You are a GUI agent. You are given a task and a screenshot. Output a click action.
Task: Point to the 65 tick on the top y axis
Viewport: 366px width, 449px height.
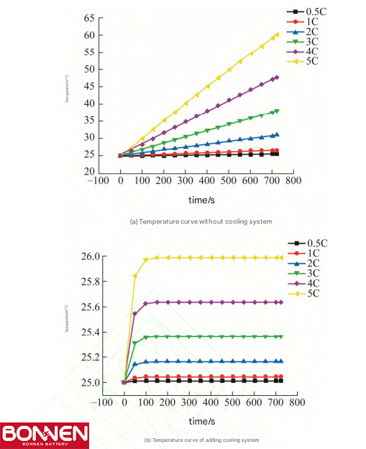point(88,17)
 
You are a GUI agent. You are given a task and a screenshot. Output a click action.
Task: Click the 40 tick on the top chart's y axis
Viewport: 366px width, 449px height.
point(88,103)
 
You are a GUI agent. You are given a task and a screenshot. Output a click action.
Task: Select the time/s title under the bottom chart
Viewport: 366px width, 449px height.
point(200,421)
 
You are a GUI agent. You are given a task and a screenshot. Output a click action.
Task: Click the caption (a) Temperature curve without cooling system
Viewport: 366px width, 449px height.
point(201,221)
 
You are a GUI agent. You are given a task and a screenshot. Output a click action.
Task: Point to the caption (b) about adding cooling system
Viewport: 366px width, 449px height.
point(201,439)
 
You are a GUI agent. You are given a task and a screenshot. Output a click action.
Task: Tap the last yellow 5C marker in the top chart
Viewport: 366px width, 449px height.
point(277,34)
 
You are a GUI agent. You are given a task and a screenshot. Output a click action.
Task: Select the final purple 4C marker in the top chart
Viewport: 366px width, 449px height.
point(277,77)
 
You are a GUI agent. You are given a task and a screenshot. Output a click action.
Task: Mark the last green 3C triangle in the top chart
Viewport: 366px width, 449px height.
point(277,111)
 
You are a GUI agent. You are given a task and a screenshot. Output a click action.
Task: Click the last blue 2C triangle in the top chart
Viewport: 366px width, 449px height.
point(277,134)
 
